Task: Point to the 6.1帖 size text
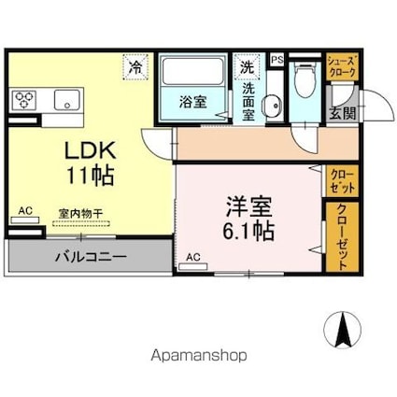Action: coord(248,230)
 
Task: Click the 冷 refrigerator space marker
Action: coord(136,67)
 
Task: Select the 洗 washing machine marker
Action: coord(247,67)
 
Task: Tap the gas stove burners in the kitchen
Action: coord(24,98)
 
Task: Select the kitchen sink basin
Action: coord(65,99)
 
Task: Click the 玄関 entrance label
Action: coord(342,113)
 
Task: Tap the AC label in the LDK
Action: coord(25,212)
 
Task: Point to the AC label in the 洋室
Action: coord(194,257)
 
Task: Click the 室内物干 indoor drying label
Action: coord(80,213)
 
